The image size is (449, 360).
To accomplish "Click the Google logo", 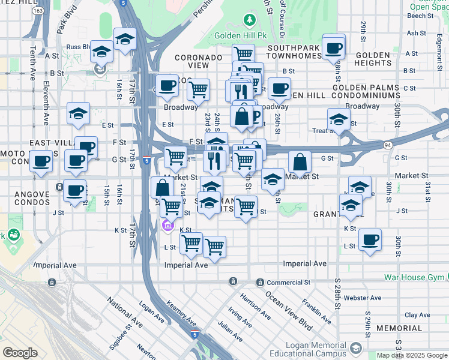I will point(20,353).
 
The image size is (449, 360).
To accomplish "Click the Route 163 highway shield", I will point(38,11).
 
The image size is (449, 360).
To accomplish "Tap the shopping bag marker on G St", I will point(300,162).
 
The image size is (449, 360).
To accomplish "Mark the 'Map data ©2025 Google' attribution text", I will point(412,355).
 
